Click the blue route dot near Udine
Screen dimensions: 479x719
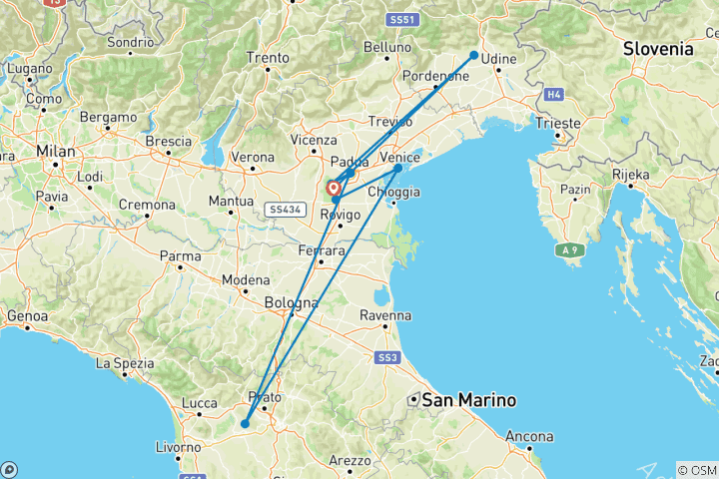pos(473,56)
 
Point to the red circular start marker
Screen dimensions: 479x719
pos(333,187)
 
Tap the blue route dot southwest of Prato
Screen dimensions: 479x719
pos(245,424)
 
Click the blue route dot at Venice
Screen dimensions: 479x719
pos(398,168)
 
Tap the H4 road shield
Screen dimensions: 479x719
pos(553,95)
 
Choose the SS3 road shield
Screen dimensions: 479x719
pos(387,357)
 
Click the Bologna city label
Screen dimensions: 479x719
pos(291,302)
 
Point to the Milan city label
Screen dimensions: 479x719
pos(55,150)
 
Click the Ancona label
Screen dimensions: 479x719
pos(529,436)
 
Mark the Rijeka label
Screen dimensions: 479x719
pos(630,174)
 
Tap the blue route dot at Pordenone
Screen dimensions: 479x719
pos(435,87)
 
